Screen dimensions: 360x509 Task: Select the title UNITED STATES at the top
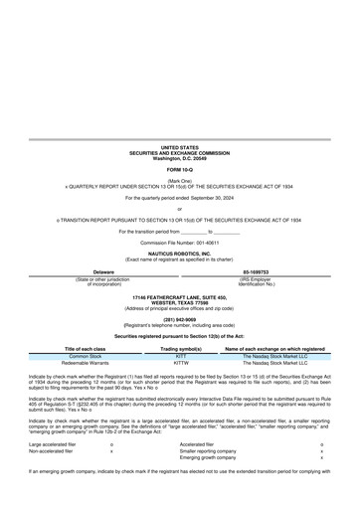[180, 146]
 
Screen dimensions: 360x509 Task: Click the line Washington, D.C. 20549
[180, 158]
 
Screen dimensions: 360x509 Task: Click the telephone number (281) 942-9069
[180, 320]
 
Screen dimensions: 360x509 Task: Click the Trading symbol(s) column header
[181, 349]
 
